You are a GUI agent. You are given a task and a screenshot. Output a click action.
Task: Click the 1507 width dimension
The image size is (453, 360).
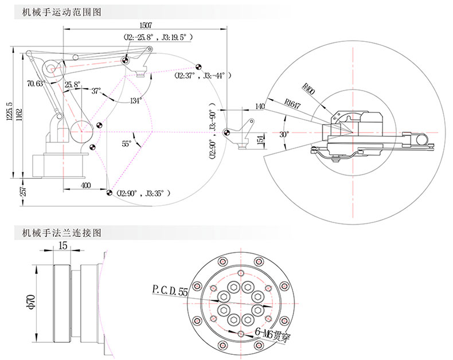point(146,25)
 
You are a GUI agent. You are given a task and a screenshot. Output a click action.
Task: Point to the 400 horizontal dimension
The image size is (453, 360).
point(85,186)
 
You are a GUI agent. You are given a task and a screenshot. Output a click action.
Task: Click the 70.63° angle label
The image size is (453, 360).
point(36,84)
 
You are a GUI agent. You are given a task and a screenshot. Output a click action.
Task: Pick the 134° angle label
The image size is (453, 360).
point(135,100)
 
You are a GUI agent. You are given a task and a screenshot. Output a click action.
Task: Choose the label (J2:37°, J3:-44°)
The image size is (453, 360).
point(204,75)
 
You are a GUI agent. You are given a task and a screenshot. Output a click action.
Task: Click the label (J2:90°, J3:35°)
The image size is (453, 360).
point(143,193)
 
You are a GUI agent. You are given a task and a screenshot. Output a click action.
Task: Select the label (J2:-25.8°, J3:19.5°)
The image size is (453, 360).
point(158,37)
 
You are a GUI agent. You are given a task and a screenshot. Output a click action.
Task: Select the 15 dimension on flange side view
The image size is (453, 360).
point(63,245)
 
